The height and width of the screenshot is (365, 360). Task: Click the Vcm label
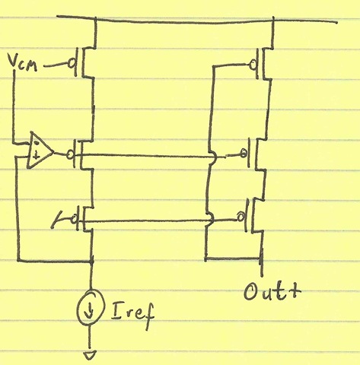22,63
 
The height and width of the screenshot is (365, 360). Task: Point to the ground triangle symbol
90,355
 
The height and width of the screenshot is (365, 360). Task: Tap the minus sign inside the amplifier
37,142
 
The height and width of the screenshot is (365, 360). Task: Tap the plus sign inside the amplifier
37,154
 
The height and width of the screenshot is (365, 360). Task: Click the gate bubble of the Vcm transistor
72,64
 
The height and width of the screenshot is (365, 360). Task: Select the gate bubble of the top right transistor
253,65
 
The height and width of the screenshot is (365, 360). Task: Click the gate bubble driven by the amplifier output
70,154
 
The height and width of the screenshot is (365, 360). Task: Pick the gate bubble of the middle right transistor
244,153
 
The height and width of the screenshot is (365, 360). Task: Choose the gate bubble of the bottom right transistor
241,217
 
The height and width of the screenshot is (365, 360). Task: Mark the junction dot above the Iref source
91,260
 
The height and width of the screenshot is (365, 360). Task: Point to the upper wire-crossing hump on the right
213,157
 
